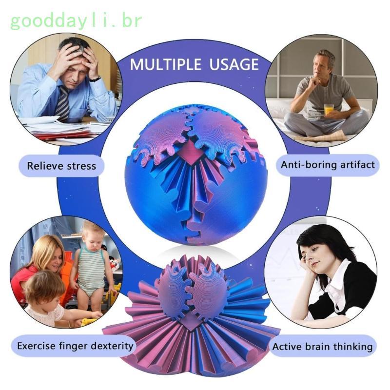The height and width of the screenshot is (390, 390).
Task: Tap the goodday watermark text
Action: tap(76, 21)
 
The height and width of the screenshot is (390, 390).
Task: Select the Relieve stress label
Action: tap(61, 166)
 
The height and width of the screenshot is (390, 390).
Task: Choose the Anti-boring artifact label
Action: tap(328, 164)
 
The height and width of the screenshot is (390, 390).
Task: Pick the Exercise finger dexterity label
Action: tap(75, 346)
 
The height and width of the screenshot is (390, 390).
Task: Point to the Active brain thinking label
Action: tap(322, 347)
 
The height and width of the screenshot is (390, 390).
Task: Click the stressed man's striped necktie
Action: tap(63, 102)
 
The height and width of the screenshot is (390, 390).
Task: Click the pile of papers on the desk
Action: tap(54, 128)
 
